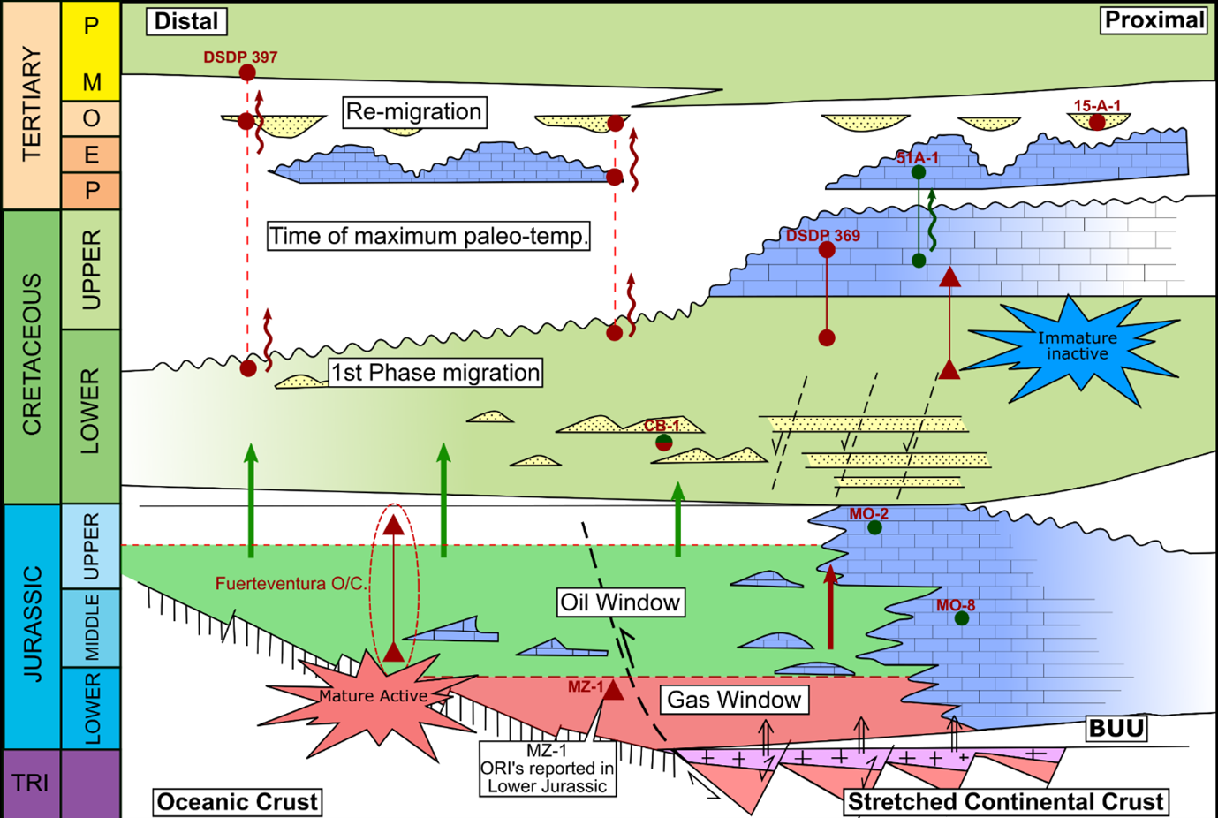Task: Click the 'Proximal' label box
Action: pyautogui.click(x=1154, y=20)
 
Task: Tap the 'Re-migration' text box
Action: pyautogui.click(x=413, y=112)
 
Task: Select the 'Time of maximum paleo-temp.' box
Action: pyautogui.click(x=428, y=237)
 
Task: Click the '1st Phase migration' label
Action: pyautogui.click(x=435, y=373)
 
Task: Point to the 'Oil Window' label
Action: pyautogui.click(x=621, y=602)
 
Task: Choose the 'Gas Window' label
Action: pyautogui.click(x=734, y=700)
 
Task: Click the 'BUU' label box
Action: pyautogui.click(x=1116, y=729)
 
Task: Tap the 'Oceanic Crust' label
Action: pyautogui.click(x=237, y=802)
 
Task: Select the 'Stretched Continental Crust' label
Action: pyautogui.click(x=1005, y=802)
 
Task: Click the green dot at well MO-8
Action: pyautogui.click(x=962, y=618)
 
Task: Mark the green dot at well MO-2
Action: pyautogui.click(x=874, y=527)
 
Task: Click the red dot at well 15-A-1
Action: pyautogui.click(x=1097, y=123)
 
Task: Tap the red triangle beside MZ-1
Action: pyautogui.click(x=613, y=690)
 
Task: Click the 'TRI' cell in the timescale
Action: pyautogui.click(x=31, y=784)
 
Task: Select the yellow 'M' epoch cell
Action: pyautogui.click(x=91, y=82)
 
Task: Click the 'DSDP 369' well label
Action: pyautogui.click(x=822, y=236)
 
